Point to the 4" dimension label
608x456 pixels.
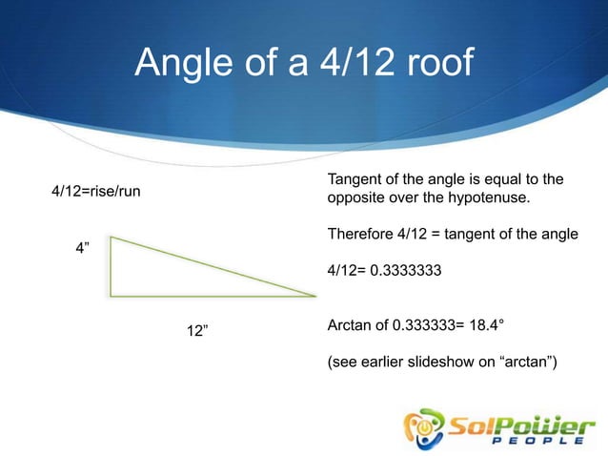(x=83, y=249)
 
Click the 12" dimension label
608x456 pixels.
(x=198, y=331)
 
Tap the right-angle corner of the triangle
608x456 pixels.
(x=111, y=295)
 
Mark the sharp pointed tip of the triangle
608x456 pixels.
(x=314, y=295)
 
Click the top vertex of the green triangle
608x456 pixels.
(x=111, y=238)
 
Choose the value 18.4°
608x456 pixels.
(x=483, y=326)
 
